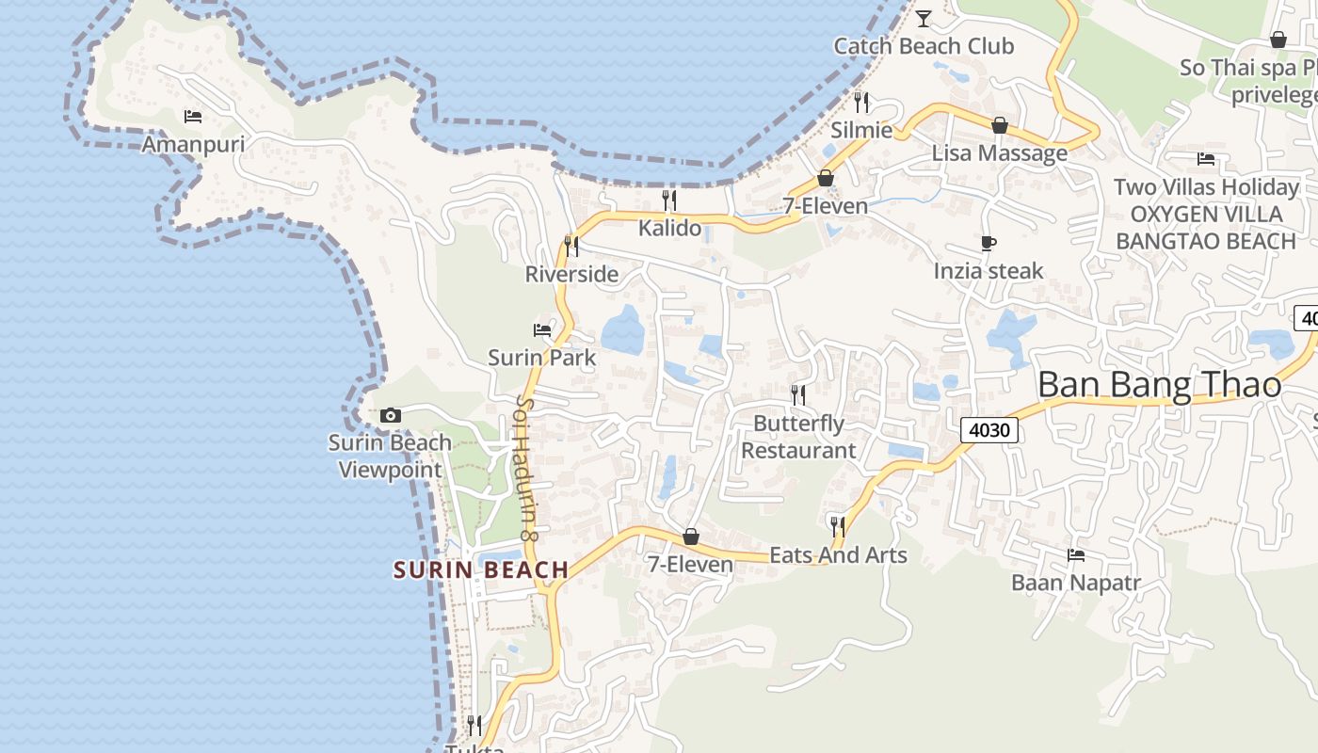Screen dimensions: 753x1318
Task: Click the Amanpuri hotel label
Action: tap(193, 144)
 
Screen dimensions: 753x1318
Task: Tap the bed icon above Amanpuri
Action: tap(193, 117)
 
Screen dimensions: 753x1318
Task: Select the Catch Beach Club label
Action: tap(924, 46)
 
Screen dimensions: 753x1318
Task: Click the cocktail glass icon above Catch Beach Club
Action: tap(924, 18)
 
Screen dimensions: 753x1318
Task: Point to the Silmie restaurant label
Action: tap(860, 130)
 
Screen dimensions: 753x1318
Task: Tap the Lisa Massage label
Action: tap(1000, 152)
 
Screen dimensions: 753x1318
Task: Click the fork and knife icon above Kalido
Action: tap(669, 200)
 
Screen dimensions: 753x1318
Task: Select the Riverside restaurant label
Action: tap(571, 274)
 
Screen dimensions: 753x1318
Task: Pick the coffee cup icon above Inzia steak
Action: tap(988, 244)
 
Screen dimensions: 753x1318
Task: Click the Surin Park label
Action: tap(542, 358)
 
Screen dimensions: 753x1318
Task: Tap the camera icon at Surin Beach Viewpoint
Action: tap(390, 415)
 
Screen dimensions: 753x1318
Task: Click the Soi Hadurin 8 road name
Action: tap(525, 468)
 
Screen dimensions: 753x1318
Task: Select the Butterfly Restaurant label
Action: tap(798, 437)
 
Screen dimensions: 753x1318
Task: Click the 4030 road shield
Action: tap(989, 431)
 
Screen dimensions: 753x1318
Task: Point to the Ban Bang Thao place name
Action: tap(1159, 385)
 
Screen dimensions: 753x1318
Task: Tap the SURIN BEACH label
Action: tap(481, 569)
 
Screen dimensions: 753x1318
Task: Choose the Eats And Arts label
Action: tap(838, 555)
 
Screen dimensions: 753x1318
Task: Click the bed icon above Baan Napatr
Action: tap(1076, 555)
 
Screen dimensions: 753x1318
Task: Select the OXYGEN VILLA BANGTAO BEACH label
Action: tap(1206, 228)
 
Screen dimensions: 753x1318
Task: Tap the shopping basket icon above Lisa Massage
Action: tap(1000, 125)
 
